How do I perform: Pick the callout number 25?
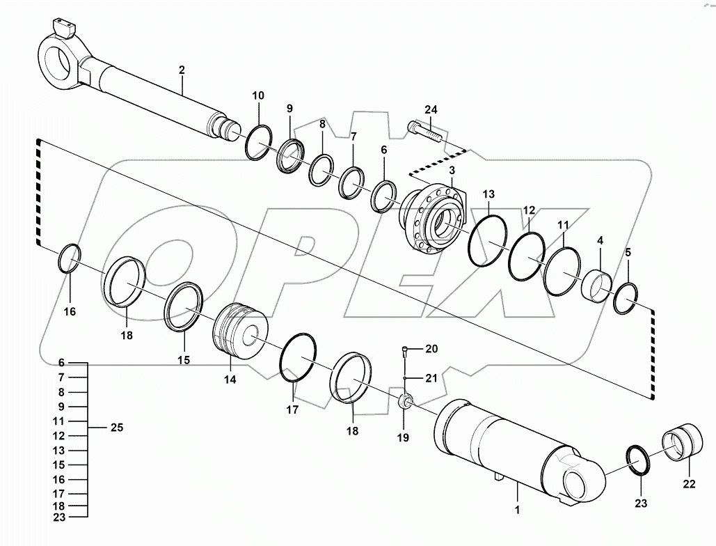point(117,428)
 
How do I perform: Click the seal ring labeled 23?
point(638,460)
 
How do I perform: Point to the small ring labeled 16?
point(70,258)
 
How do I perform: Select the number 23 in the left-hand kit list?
point(61,516)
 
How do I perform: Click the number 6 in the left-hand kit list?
point(61,363)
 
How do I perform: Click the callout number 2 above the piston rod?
point(182,70)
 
